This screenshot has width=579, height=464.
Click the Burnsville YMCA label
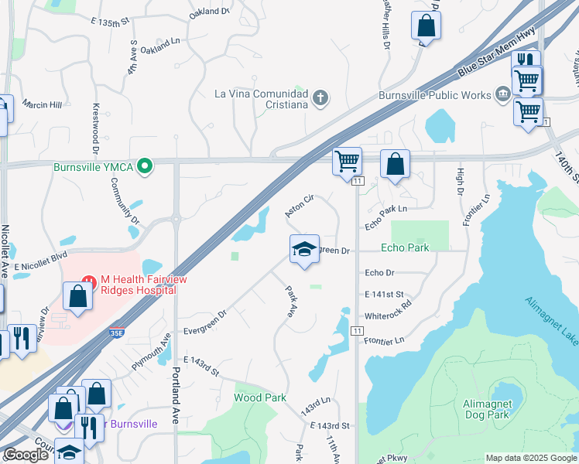point(93,166)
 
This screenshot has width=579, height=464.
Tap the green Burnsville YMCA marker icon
point(143,166)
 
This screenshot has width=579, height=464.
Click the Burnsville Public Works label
point(434,95)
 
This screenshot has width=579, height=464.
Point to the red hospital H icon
point(88,279)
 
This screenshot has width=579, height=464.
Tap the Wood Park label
point(260,397)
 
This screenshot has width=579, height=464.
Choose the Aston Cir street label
point(299,205)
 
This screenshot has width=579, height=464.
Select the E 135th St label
point(109,22)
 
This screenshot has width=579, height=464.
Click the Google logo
point(26,455)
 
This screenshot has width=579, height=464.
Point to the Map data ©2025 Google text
point(530,458)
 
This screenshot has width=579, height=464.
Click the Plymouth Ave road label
point(151,353)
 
